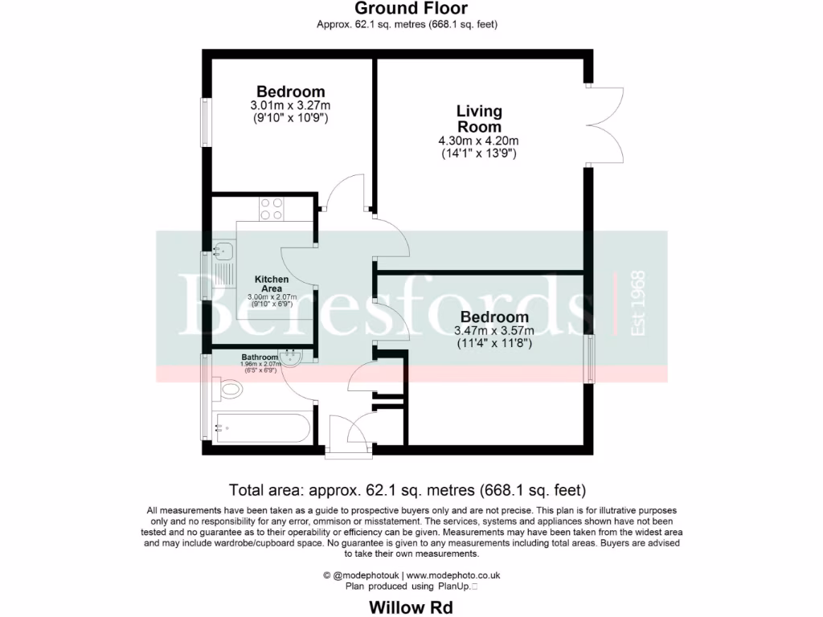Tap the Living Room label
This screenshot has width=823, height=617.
click(x=479, y=118)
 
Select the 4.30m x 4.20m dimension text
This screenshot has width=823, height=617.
click(x=478, y=141)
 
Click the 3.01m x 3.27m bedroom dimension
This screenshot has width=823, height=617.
click(x=290, y=105)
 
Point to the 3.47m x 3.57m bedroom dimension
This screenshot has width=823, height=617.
click(x=494, y=330)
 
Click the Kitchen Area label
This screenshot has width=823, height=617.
click(x=272, y=283)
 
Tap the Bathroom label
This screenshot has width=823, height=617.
click(x=259, y=357)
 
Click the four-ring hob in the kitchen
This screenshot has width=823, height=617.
click(x=271, y=209)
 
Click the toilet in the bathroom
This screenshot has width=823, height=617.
click(x=229, y=390)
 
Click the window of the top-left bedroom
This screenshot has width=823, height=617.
click(x=206, y=122)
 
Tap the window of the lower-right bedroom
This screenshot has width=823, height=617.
click(x=592, y=358)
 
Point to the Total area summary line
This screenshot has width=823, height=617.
click(x=407, y=489)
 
